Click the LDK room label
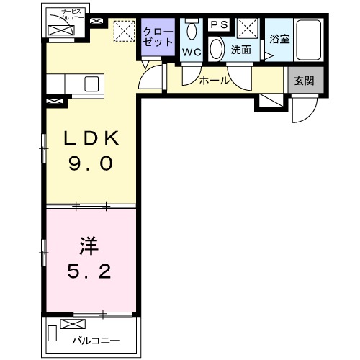pos(89,138)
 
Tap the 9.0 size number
pos(91,164)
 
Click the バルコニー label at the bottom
pos(95,340)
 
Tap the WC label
pos(191,52)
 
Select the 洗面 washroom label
pos(240,51)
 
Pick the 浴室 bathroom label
pos(279,40)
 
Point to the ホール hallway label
pos(214,81)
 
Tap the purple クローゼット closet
pos(158,37)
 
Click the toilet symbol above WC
pos(191,30)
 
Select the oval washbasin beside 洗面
pos(217,49)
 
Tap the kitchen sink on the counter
pos(91,84)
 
